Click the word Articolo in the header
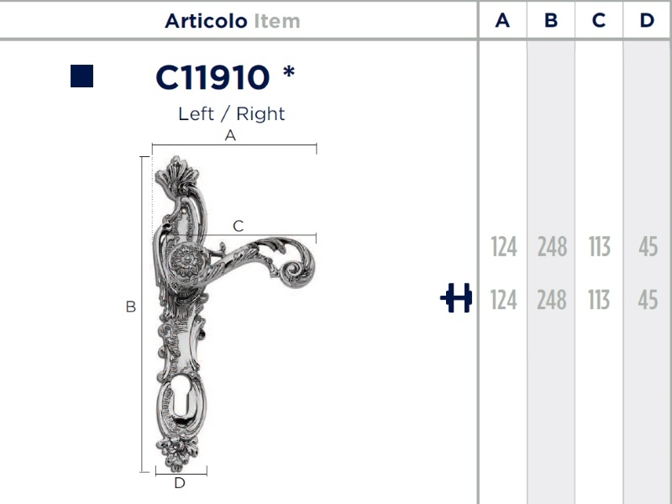(206, 21)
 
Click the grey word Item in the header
(277, 21)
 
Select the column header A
(502, 20)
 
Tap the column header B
(551, 20)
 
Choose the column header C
(599, 20)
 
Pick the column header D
(647, 20)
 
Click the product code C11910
(213, 77)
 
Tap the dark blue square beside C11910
(81, 76)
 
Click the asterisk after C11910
(289, 71)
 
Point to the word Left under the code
(196, 114)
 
